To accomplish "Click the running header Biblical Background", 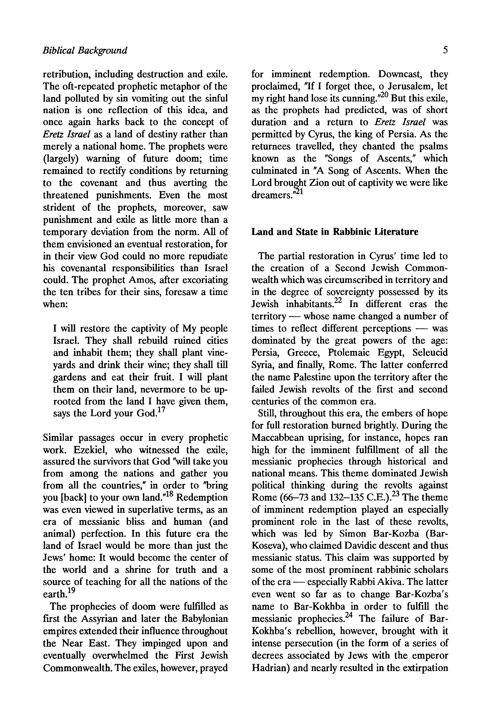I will pos(85,50).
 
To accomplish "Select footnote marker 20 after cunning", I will pos(384,95).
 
